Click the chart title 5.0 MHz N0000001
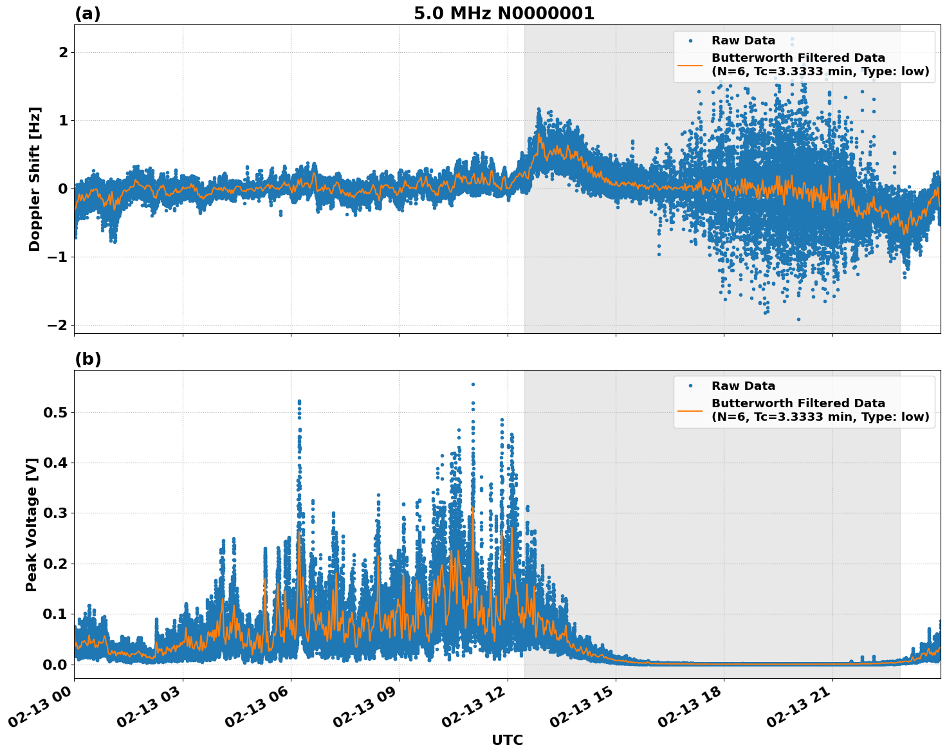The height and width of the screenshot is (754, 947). point(504,14)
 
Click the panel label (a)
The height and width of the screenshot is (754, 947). point(87,14)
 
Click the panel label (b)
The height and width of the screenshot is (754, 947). point(87,359)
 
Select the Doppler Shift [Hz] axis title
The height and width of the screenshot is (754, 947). point(35,179)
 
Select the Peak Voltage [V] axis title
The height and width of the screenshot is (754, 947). point(32,524)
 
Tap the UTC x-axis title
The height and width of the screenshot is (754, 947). point(507,740)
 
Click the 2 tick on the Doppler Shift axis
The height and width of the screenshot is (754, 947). point(63,52)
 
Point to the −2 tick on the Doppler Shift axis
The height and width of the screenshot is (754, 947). point(58,325)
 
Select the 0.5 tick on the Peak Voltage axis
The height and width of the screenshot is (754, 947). point(55,412)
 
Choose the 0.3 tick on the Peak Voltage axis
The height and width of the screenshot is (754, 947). point(55,513)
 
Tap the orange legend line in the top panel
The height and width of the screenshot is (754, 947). point(690,64)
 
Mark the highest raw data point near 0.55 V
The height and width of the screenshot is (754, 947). point(473,384)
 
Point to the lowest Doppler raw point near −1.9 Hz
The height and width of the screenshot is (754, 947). point(798,319)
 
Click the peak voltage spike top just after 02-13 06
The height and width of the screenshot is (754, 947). point(299,401)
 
